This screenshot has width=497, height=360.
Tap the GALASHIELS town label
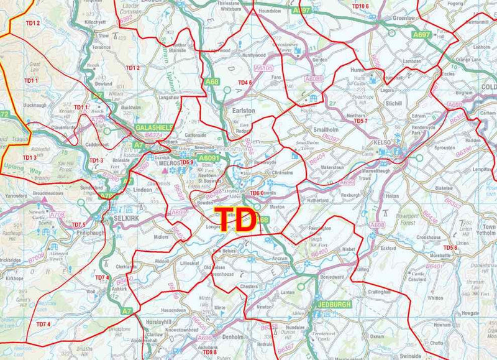[x=154, y=127]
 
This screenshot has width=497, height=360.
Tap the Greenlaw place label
[x=404, y=18]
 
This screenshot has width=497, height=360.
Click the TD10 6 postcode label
[x=357, y=6]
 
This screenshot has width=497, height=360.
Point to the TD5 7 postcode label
[x=361, y=121]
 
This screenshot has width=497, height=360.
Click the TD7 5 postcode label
[x=78, y=224]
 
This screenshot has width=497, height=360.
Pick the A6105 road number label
[x=263, y=68]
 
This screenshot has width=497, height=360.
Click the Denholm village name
[x=234, y=337]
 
